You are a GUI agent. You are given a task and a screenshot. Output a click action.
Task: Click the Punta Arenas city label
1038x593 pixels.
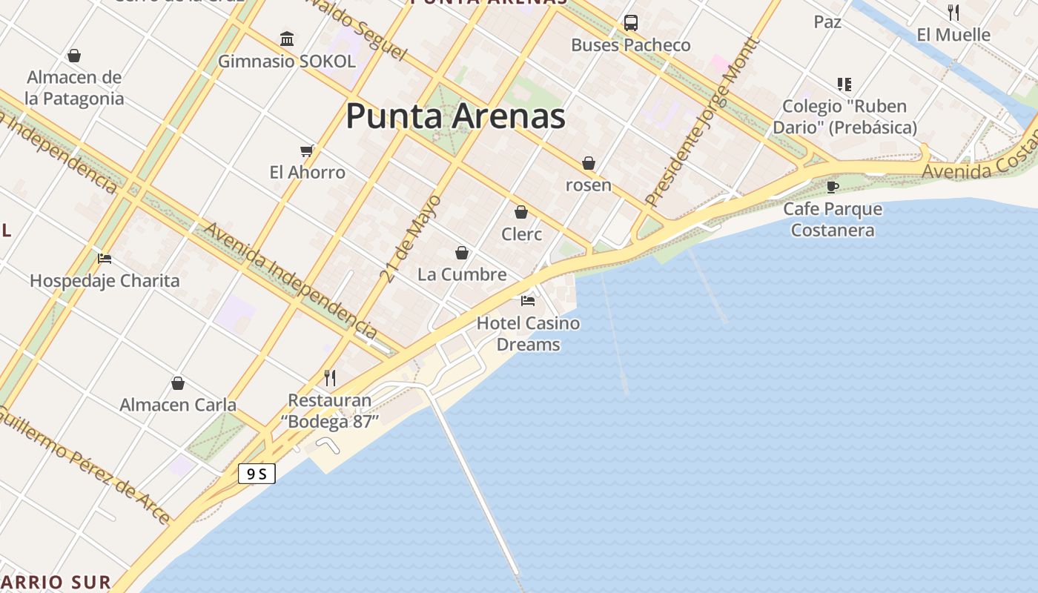[455, 116]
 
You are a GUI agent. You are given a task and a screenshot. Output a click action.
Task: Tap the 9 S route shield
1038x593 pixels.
[257, 474]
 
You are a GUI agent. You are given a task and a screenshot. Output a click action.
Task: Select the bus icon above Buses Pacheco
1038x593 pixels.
[630, 23]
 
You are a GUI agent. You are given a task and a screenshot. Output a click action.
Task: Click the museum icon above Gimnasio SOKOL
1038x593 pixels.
[287, 39]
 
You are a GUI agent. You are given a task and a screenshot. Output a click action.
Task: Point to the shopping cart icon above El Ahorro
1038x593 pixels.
[307, 151]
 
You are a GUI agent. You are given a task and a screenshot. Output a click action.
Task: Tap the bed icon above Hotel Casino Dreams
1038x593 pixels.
[528, 301]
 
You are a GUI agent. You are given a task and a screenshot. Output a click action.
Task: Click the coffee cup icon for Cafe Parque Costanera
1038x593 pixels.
[833, 186]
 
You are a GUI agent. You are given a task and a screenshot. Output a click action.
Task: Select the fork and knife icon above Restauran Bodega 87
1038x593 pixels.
[330, 378]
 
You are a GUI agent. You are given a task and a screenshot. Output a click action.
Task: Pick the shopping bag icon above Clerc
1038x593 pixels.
[521, 213]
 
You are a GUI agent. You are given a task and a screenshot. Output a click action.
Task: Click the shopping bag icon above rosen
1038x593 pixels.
[589, 163]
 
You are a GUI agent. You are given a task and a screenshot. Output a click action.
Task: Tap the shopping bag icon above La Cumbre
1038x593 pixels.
[462, 254]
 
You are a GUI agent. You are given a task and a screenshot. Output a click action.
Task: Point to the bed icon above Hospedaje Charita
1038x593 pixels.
[105, 259]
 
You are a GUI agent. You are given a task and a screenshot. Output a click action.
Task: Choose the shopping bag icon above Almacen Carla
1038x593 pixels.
[178, 383]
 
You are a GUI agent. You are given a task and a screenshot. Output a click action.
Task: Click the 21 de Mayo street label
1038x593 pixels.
[411, 239]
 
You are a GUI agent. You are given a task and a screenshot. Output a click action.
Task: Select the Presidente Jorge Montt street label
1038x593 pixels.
[702, 122]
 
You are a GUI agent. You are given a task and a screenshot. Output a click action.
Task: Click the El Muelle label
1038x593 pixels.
[953, 35]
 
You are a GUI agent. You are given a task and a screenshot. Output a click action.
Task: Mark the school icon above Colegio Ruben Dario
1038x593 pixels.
[844, 85]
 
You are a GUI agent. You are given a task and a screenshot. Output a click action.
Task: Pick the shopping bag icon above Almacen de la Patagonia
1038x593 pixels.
[74, 56]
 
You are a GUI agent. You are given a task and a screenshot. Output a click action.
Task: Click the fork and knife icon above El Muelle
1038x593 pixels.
[953, 12]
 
